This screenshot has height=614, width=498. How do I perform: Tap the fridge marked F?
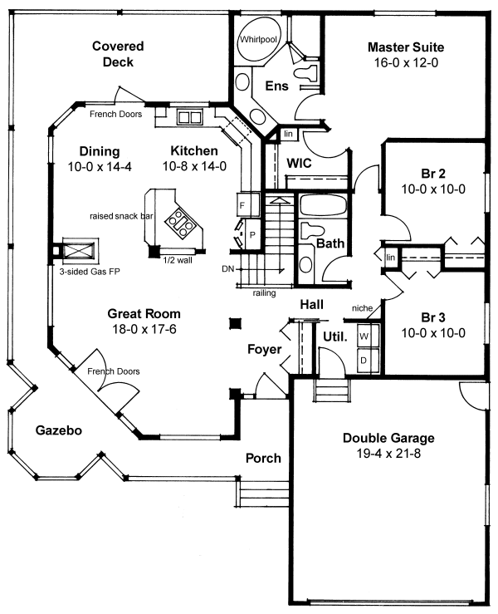[242, 204]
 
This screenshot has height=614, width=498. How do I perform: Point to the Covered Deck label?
[117, 54]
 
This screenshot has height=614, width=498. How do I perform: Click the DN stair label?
[228, 268]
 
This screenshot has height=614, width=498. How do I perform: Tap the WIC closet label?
[299, 163]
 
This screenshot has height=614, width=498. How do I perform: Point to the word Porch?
[263, 458]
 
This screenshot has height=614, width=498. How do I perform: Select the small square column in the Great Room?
[236, 322]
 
